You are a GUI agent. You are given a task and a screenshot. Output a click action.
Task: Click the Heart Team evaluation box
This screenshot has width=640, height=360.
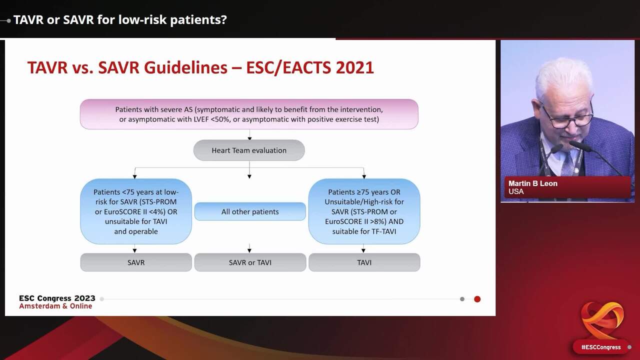click(x=249, y=150)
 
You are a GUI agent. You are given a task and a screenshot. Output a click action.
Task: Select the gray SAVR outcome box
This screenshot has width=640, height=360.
click(x=136, y=262)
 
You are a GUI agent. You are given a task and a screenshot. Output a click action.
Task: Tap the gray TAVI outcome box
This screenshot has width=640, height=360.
click(x=364, y=262)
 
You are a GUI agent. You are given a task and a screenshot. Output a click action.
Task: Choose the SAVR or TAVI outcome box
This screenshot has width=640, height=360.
click(x=249, y=262)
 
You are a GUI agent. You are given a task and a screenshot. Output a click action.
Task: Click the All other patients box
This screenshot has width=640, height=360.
click(x=250, y=211)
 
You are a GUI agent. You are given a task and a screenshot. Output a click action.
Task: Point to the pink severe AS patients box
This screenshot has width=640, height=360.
click(x=249, y=114)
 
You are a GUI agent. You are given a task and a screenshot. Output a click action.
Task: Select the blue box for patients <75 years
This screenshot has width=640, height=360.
click(x=136, y=211)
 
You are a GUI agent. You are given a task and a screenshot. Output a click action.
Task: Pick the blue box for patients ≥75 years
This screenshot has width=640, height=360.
click(x=364, y=211)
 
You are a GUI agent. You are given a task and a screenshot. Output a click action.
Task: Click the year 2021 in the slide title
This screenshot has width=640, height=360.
click(x=354, y=67)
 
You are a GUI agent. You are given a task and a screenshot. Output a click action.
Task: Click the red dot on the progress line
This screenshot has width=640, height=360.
click(x=477, y=299)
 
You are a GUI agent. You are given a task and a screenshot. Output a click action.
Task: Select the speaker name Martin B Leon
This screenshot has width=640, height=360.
click(x=533, y=183)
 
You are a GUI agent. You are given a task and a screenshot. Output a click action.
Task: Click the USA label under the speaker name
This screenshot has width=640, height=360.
click(x=516, y=192)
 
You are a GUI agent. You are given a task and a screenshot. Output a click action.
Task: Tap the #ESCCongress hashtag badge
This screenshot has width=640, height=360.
click(x=600, y=347)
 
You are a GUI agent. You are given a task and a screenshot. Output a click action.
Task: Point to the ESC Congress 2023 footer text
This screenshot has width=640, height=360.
click(x=57, y=298)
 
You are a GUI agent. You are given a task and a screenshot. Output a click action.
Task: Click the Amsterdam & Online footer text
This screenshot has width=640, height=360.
click(x=55, y=306)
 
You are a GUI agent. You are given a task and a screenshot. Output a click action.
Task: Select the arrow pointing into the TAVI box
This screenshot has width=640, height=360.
click(x=363, y=249)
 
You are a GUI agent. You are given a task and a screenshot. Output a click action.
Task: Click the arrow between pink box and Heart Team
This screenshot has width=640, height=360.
click(x=249, y=135)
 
